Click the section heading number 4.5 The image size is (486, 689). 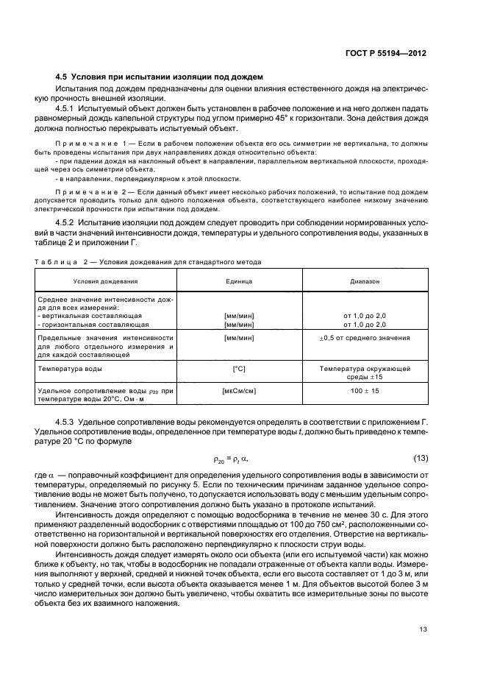click(63, 77)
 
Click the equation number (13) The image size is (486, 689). click(419, 460)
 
